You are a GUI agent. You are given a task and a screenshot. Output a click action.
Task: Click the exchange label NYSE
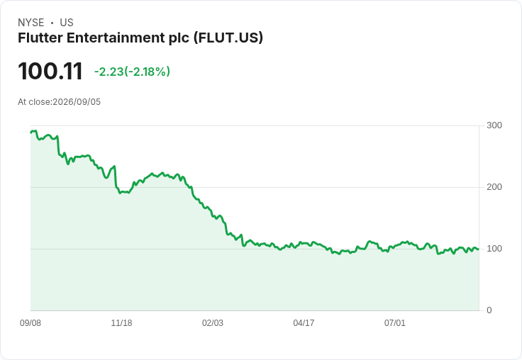click(31, 23)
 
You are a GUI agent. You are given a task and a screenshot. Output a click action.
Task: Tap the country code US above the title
click(67, 23)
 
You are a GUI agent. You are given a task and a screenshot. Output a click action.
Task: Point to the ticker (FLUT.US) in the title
click(228, 38)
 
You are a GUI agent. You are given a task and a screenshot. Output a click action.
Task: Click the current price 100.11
click(50, 71)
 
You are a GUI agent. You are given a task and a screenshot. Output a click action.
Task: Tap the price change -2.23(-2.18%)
click(132, 72)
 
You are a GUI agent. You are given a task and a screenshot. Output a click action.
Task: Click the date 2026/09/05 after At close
click(77, 102)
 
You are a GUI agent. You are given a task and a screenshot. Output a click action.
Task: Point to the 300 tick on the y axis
click(494, 125)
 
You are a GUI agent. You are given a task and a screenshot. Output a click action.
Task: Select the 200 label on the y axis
click(494, 187)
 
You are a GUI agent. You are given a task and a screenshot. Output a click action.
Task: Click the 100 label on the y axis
click(494, 249)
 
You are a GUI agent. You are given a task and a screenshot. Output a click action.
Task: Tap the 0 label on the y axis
click(489, 310)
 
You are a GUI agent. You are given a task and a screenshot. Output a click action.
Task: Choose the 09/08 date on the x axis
click(30, 323)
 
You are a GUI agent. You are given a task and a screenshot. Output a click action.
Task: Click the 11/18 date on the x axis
click(121, 323)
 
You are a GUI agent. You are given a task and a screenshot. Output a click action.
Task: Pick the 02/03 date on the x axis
click(213, 323)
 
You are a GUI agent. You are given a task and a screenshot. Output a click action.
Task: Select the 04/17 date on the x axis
click(304, 323)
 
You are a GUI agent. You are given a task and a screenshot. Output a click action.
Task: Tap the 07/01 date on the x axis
click(395, 323)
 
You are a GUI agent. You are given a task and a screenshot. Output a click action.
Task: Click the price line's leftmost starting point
click(30, 133)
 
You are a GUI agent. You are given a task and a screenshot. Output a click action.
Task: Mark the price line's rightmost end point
click(479, 249)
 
